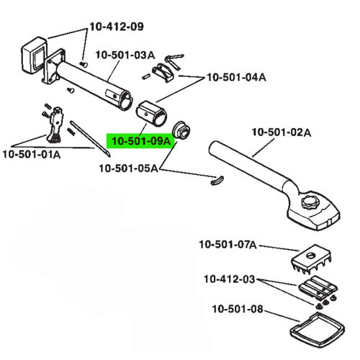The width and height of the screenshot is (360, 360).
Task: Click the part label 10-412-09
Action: (x=116, y=27)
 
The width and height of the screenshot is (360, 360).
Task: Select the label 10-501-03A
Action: (x=125, y=55)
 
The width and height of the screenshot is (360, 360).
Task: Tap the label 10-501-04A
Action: (x=236, y=76)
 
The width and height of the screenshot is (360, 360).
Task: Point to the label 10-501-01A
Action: (x=31, y=153)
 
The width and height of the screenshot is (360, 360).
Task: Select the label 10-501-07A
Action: (x=228, y=246)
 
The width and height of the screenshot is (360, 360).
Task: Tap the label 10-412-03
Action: (x=228, y=279)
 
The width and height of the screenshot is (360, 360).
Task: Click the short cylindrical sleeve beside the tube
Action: (x=150, y=113)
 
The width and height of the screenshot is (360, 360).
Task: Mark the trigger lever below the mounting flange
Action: (x=54, y=126)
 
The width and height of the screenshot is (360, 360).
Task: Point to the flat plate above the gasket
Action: (x=316, y=291)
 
